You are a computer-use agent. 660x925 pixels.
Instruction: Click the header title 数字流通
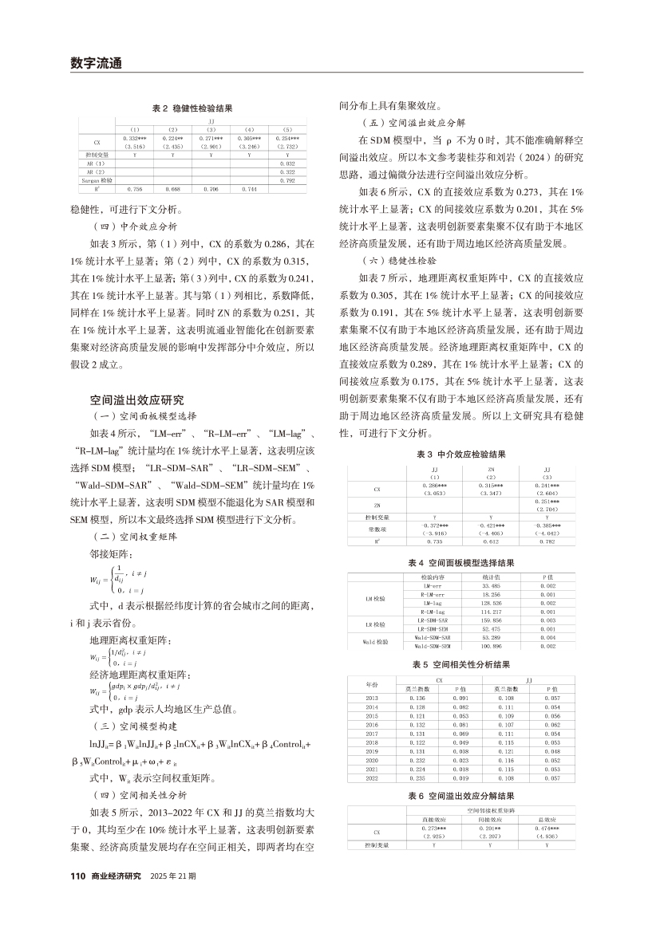tap(95, 62)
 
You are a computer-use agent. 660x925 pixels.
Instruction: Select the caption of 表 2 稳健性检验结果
tap(192, 107)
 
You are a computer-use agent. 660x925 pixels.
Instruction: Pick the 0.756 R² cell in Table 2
tap(136, 188)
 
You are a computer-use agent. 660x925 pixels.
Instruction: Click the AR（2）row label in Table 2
tap(95, 171)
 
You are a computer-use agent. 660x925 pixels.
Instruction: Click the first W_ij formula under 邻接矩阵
tap(121, 573)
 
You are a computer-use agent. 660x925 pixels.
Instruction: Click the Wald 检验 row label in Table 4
tap(375, 640)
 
